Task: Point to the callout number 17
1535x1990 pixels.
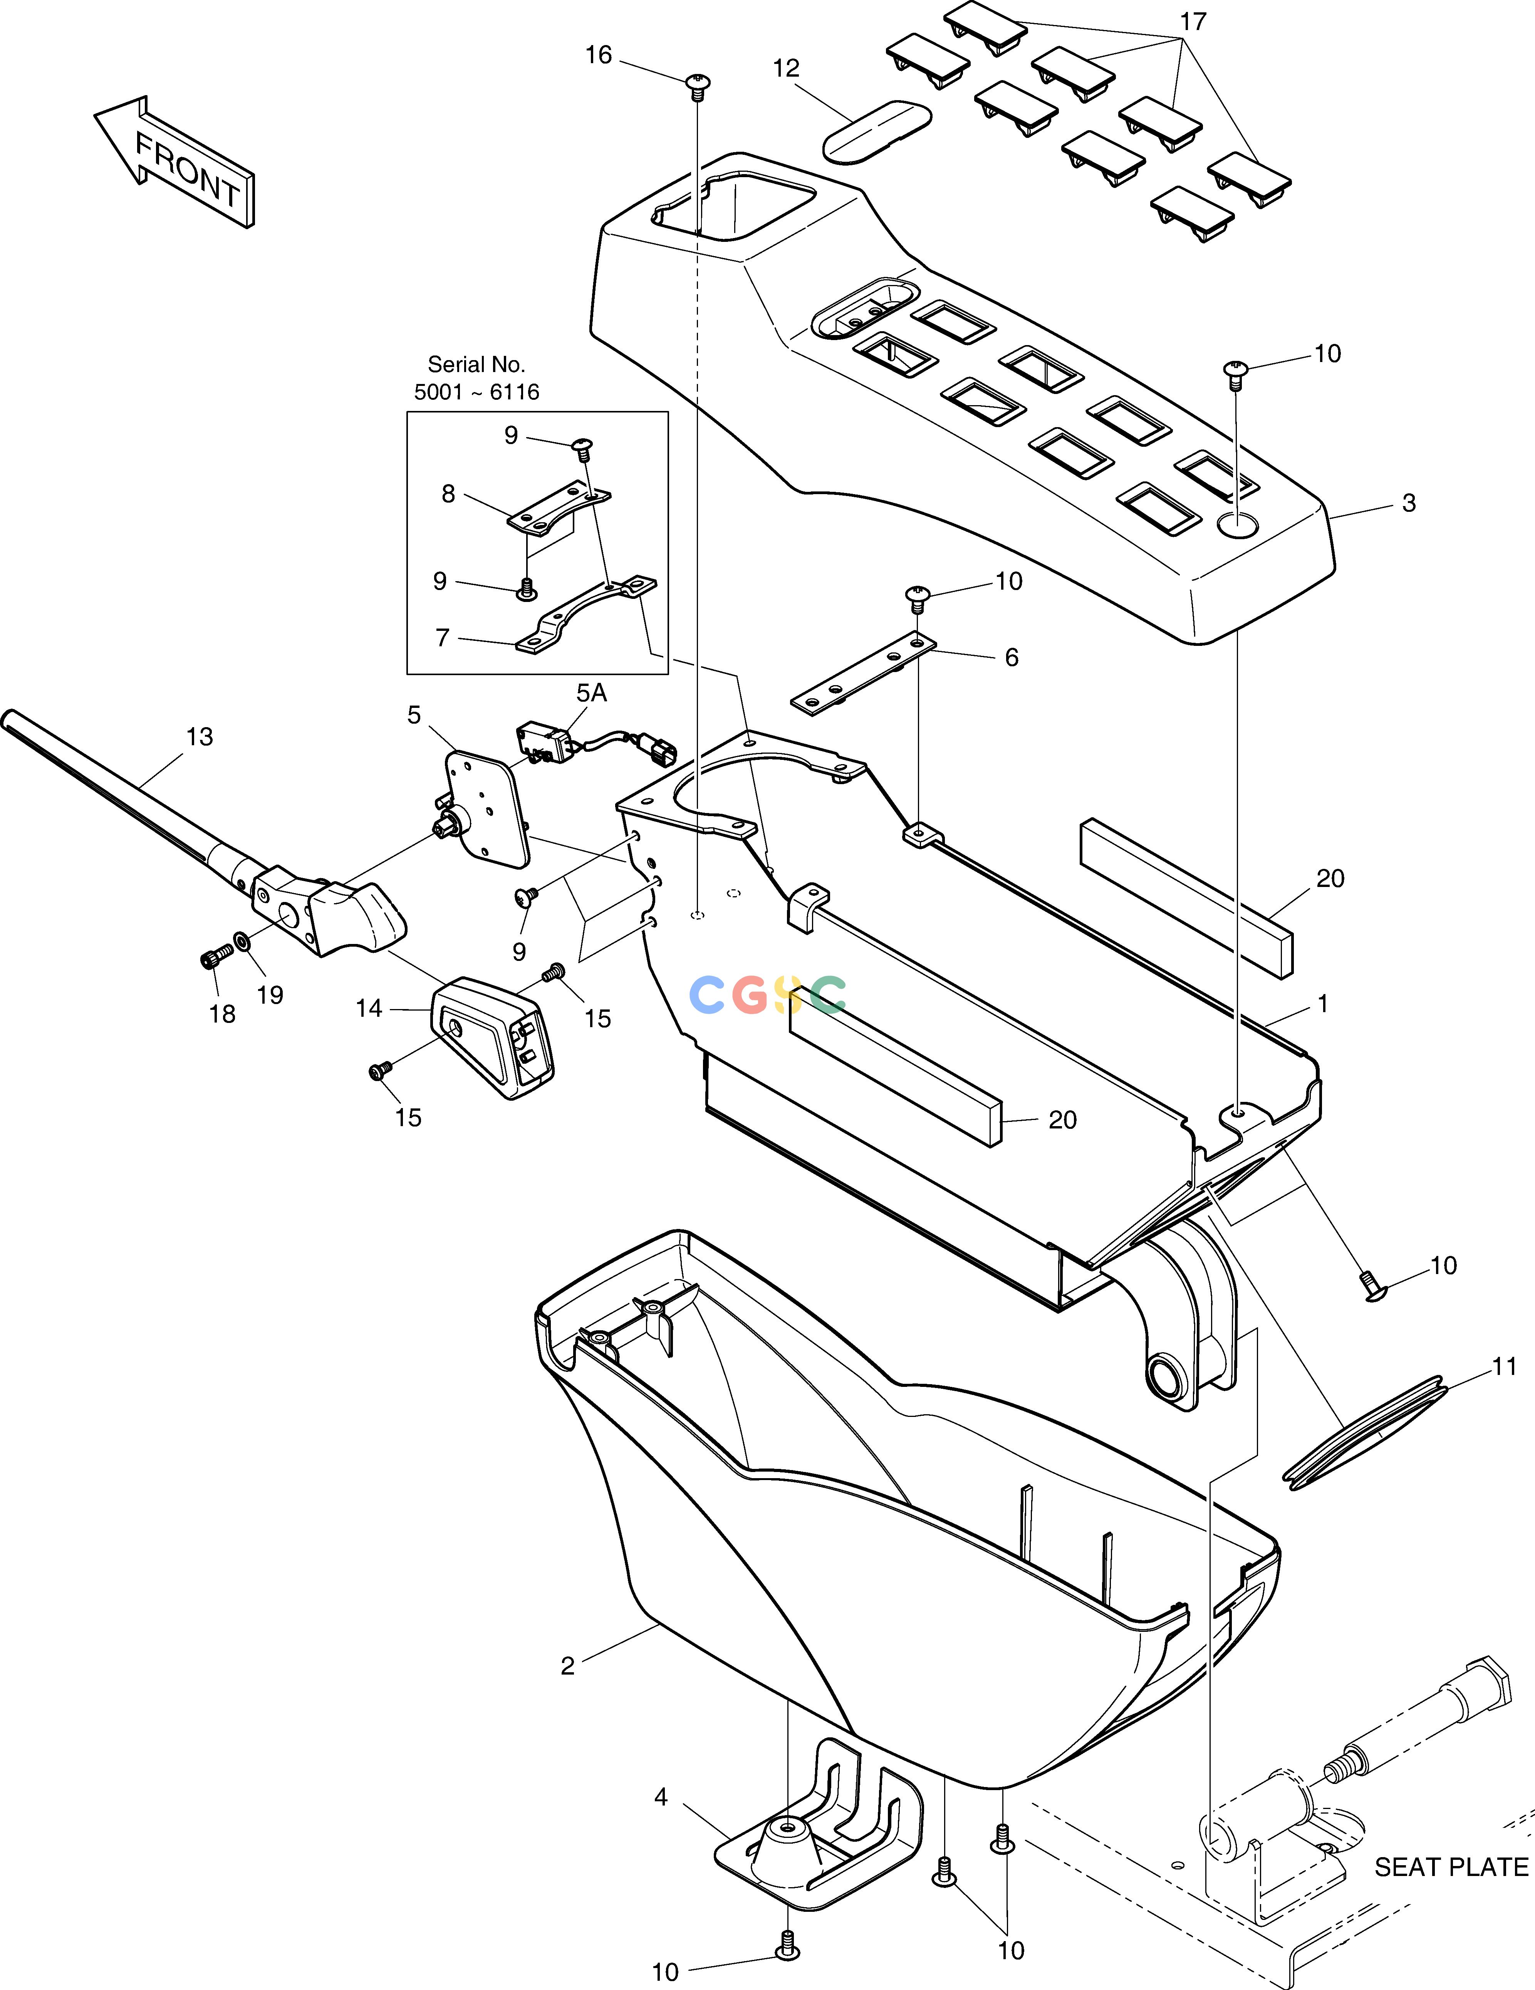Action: [x=1193, y=22]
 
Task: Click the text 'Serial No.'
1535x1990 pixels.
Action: [x=476, y=364]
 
